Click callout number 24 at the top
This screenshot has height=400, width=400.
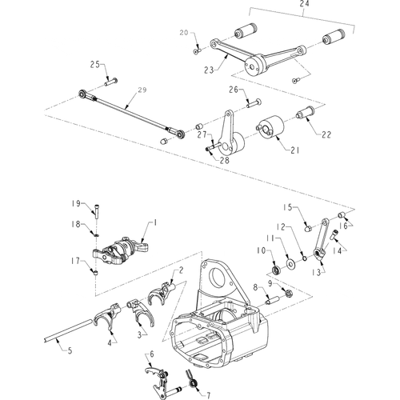click(304, 4)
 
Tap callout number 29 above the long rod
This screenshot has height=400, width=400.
click(142, 90)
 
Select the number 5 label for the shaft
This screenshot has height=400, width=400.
click(70, 350)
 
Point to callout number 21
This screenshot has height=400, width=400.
click(294, 150)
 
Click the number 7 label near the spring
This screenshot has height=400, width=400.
click(208, 395)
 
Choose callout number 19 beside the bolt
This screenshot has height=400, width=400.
click(76, 204)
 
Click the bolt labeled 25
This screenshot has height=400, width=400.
click(111, 82)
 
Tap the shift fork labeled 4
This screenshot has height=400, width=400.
click(107, 317)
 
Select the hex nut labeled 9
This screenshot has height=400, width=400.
click(289, 294)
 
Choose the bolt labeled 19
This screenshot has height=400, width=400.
click(96, 211)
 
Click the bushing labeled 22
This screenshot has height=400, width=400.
click(306, 112)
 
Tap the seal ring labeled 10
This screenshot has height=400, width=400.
click(276, 270)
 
